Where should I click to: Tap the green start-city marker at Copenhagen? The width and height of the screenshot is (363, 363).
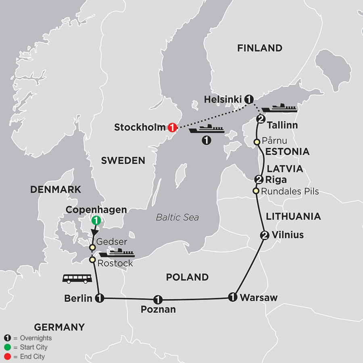tap(96, 221)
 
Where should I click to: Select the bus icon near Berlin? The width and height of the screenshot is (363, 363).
tap(77, 278)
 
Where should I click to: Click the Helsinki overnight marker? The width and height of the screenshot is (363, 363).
tap(249, 99)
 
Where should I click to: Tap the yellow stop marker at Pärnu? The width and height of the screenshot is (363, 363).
tap(257, 142)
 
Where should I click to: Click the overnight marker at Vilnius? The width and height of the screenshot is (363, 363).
tap(264, 235)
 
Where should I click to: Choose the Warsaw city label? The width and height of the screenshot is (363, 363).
tap(259, 298)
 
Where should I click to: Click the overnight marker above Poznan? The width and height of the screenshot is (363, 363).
tap(158, 299)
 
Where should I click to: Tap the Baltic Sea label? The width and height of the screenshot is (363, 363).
tap(177, 217)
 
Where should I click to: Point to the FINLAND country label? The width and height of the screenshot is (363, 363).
tap(259, 48)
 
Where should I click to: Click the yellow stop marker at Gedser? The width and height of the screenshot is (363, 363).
tap(92, 247)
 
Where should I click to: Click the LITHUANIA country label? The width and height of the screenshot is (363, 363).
tap(293, 217)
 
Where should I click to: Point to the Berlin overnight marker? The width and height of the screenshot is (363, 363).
tap(99, 298)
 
